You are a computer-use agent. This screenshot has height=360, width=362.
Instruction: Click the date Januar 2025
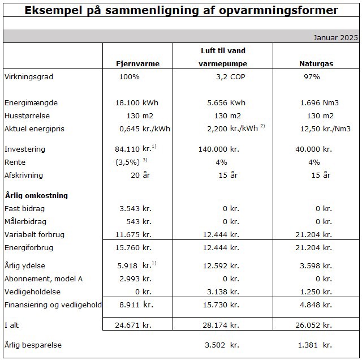336,38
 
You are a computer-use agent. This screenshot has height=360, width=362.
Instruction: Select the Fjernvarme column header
137,64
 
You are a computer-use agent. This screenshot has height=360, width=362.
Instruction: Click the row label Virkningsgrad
28,77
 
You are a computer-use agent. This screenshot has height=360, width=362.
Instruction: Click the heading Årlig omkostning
36,196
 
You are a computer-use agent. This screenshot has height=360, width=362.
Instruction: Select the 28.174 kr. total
221,325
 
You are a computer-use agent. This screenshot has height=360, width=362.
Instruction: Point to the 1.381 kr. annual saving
318,345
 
